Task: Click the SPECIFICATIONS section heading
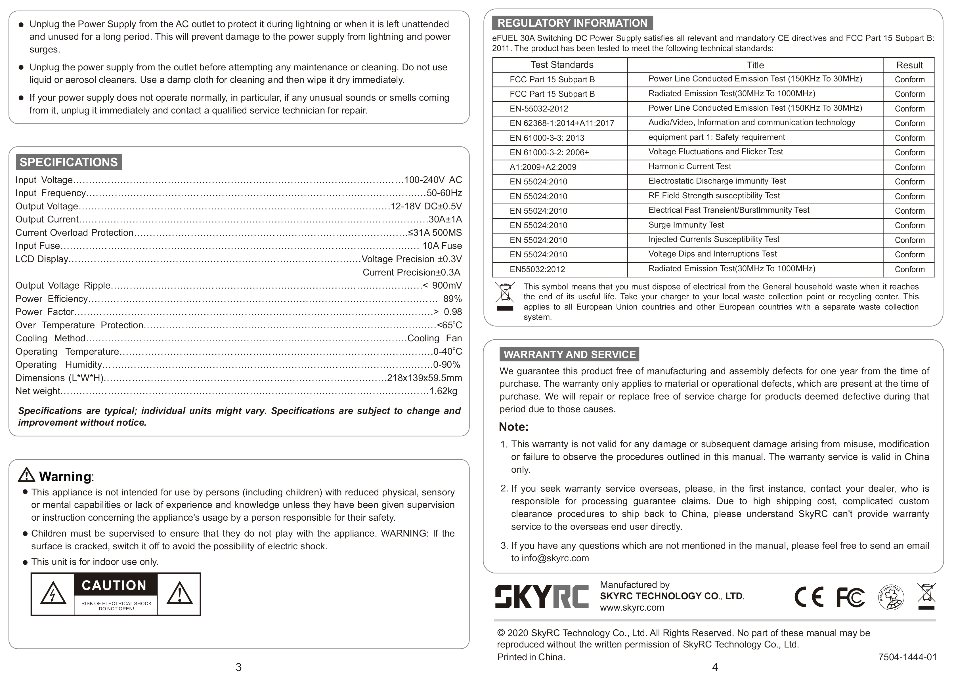69,162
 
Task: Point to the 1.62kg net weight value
443,391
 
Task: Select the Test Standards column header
562,65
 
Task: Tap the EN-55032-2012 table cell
539,109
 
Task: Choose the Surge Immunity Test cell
686,225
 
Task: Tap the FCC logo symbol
851,597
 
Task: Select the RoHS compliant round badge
891,597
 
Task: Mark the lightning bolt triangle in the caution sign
53,594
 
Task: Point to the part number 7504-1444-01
907,657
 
